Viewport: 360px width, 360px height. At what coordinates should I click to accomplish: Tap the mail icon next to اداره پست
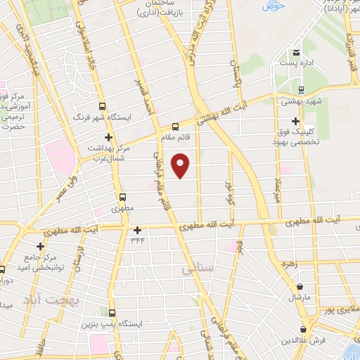(x=296, y=53)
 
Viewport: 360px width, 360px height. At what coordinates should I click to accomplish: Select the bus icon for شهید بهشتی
(x=301, y=89)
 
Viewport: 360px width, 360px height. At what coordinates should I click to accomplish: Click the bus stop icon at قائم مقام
(x=175, y=127)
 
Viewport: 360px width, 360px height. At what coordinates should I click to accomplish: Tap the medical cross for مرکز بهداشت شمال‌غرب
(x=108, y=137)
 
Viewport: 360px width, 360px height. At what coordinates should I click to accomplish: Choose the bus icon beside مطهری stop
(x=123, y=198)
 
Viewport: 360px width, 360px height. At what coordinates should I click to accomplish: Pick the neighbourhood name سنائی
(x=195, y=269)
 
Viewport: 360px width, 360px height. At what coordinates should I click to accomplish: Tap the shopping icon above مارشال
(x=301, y=287)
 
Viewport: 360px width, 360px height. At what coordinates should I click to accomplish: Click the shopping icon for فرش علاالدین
(x=304, y=328)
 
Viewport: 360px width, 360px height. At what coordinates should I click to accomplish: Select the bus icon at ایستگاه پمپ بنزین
(x=112, y=313)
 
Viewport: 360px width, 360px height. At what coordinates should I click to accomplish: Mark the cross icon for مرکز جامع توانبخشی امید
(x=40, y=246)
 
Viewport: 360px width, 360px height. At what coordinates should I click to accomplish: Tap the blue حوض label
(x=270, y=7)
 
